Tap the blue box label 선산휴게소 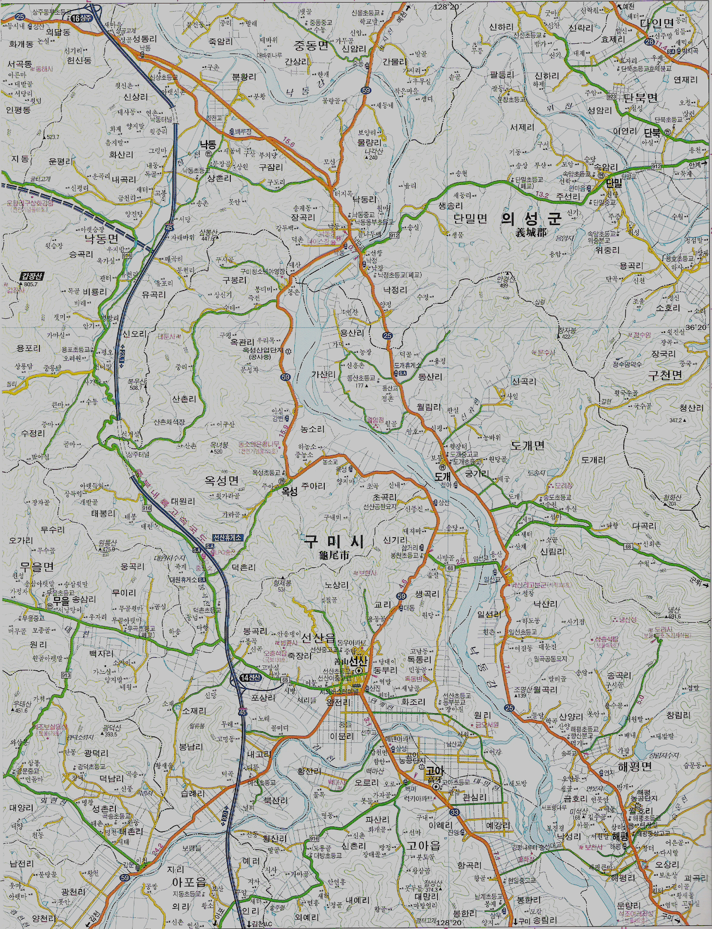(x=227, y=537)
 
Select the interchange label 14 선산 (x=250, y=677)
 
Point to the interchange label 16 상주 (x=82, y=18)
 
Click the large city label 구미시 (x=335, y=542)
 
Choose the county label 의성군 (x=531, y=219)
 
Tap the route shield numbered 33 (x=454, y=811)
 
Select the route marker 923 (x=611, y=97)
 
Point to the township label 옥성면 (x=221, y=480)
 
